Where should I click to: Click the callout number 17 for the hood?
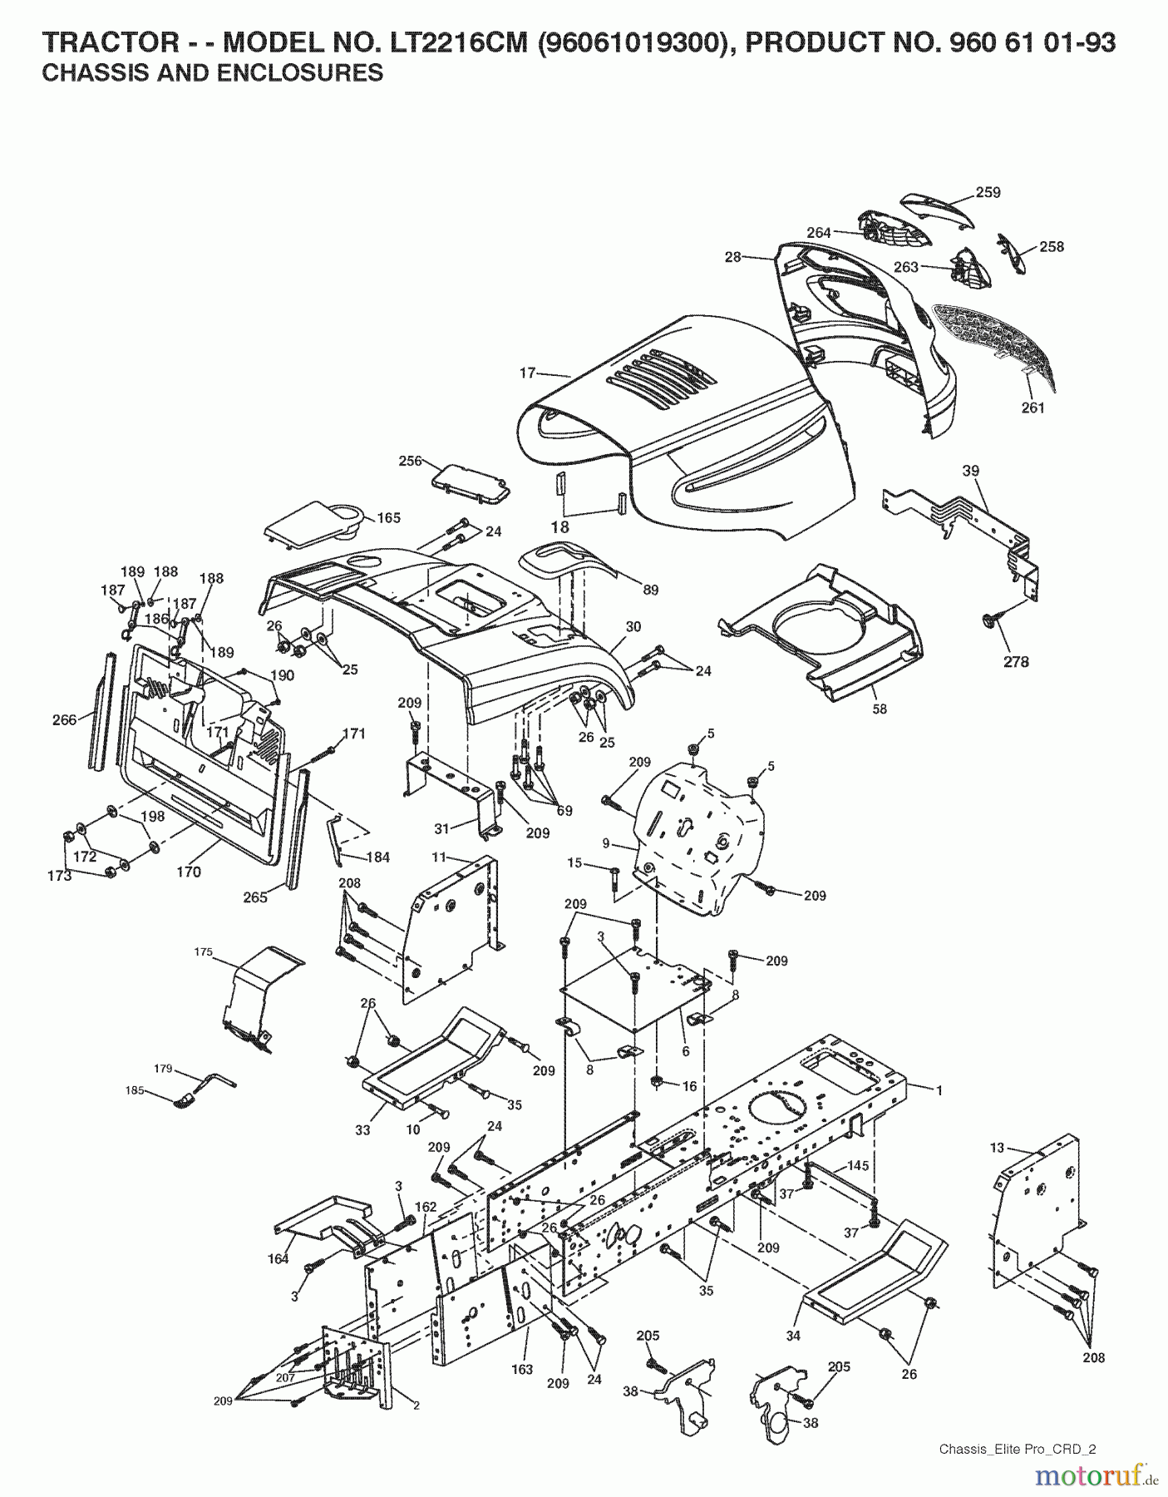(527, 373)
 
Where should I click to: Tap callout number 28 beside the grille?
(732, 258)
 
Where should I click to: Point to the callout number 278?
(1016, 662)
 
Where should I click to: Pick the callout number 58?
(880, 709)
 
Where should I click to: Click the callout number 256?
(411, 461)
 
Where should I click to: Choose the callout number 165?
(389, 517)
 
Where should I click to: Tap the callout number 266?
(64, 720)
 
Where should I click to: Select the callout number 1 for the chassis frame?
(939, 1090)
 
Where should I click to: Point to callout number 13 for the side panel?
(998, 1149)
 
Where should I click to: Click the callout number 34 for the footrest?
(793, 1336)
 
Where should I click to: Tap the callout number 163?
(521, 1370)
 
